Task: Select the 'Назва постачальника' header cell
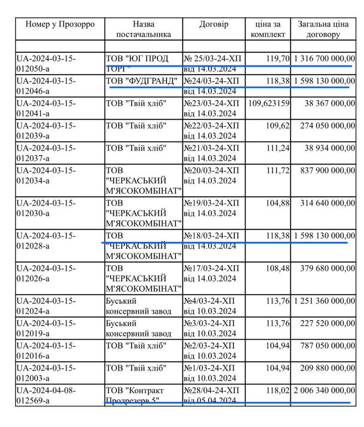pos(143,29)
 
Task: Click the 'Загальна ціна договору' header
pos(322,29)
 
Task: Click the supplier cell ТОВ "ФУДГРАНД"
pos(142,82)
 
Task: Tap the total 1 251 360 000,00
pos(325,301)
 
